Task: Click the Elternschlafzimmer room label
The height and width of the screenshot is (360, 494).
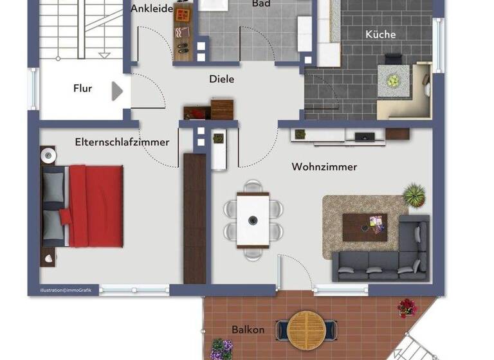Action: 122,142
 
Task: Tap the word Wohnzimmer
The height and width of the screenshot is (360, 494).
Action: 324,167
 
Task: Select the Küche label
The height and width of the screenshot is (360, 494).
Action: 380,35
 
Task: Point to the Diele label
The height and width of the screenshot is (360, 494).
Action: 221,80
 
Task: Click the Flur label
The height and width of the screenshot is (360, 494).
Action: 82,89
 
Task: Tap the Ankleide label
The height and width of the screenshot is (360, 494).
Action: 152,9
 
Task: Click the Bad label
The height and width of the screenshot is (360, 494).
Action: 261,4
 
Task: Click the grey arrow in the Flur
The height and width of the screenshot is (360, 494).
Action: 116,91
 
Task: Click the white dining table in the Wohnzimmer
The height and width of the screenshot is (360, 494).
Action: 253,220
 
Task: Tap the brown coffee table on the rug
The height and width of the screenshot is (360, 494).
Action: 365,227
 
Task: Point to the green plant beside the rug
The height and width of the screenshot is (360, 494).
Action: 415,194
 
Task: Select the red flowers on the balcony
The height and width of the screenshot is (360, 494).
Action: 407,308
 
